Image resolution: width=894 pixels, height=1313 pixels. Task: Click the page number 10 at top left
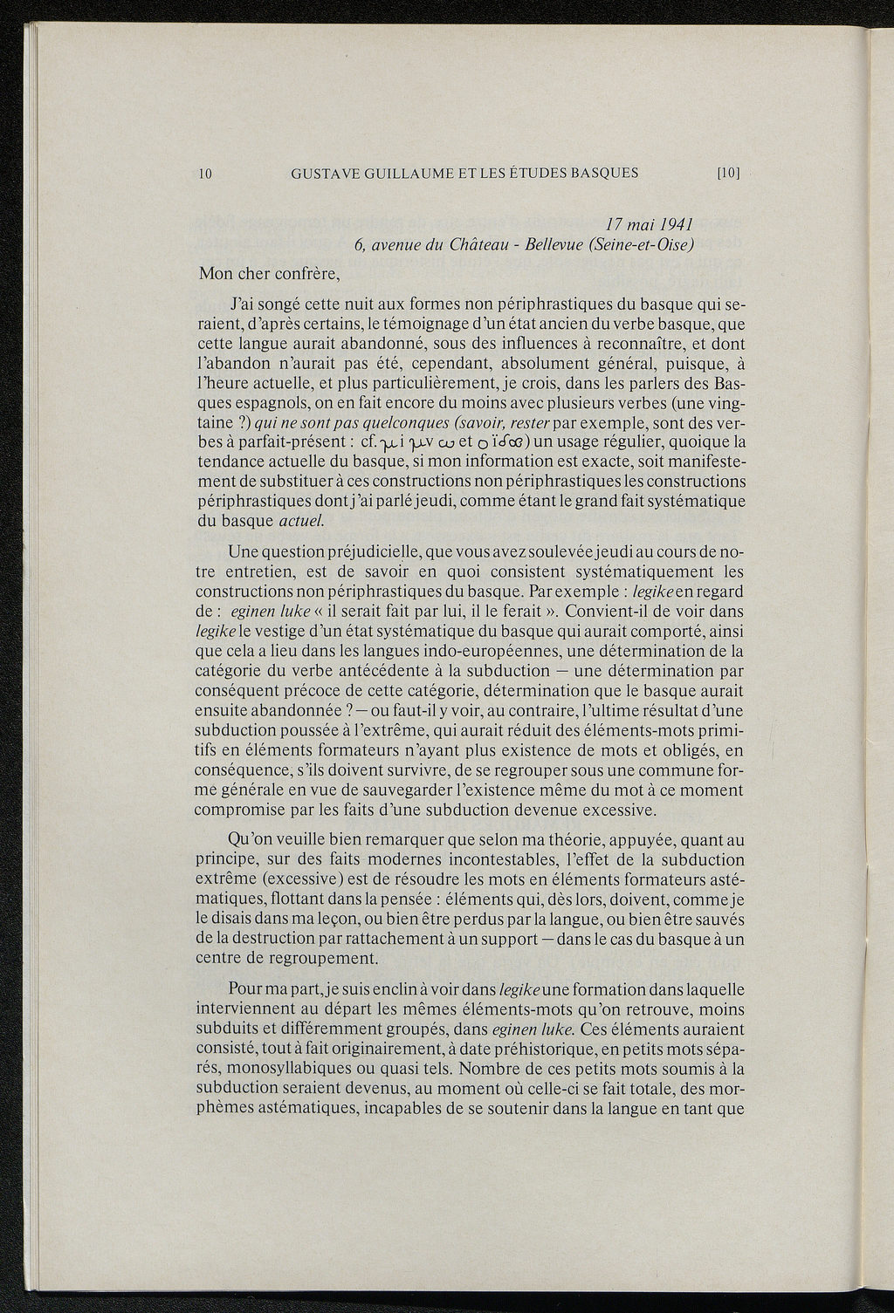[206, 173]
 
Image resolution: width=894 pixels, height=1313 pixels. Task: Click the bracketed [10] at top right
[728, 173]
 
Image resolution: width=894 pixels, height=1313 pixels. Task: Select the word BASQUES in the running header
[603, 173]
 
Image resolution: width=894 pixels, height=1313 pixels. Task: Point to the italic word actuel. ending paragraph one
[301, 522]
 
